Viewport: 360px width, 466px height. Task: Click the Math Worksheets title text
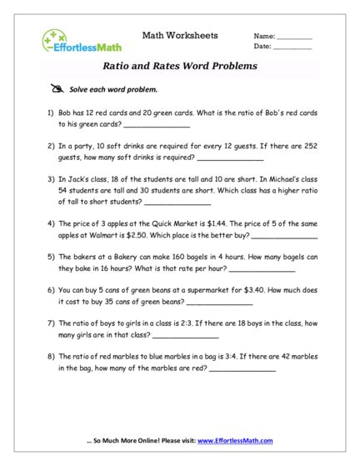point(180,36)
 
